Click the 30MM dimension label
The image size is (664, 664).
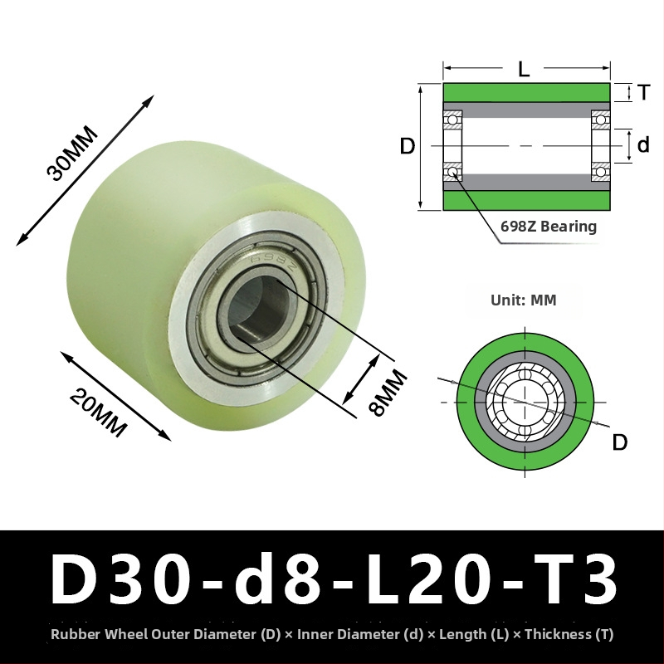72,153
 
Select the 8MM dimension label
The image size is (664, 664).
388,392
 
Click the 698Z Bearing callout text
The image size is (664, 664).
549,227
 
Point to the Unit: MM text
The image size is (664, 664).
524,300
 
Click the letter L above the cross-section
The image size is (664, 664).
524,68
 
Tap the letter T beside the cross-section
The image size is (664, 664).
643,92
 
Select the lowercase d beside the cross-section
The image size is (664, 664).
642,144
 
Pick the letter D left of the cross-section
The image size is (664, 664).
408,146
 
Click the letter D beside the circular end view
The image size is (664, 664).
619,442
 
